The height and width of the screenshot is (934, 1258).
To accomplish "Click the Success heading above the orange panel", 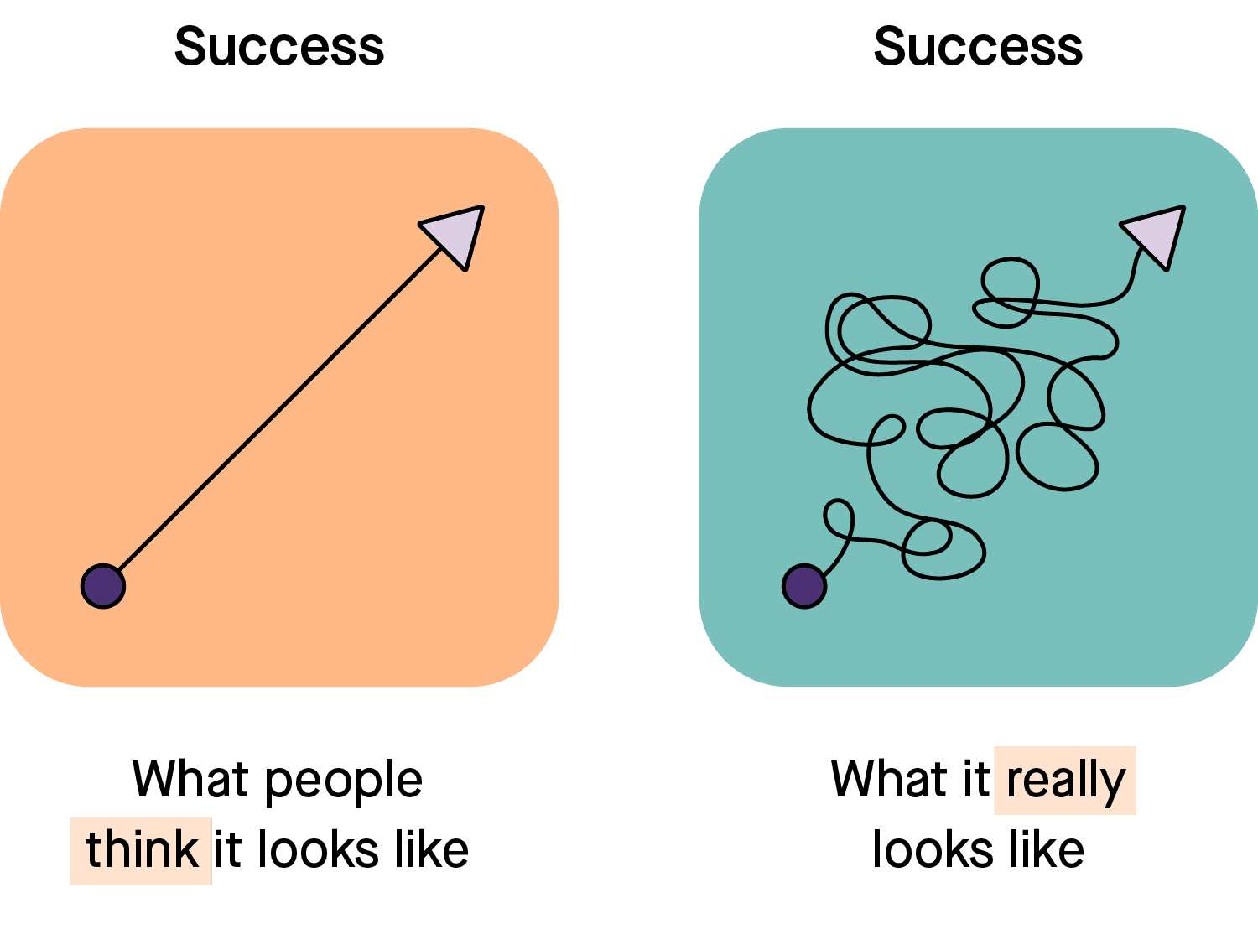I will pyautogui.click(x=279, y=47).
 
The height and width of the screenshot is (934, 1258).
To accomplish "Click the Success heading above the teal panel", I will pyautogui.click(x=978, y=47).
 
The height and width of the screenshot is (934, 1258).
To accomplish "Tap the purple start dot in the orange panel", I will pyautogui.click(x=103, y=586).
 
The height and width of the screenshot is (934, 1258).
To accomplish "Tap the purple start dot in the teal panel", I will pyautogui.click(x=804, y=586).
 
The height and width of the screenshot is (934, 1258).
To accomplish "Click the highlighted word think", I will pyautogui.click(x=141, y=850).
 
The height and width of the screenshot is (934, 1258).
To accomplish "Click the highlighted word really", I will pyautogui.click(x=1065, y=781).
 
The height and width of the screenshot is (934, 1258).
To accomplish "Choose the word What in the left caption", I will pyautogui.click(x=191, y=779).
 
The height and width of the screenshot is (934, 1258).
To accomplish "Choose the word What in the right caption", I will pyautogui.click(x=889, y=779).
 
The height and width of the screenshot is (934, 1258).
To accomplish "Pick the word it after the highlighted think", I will pyautogui.click(x=228, y=849).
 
